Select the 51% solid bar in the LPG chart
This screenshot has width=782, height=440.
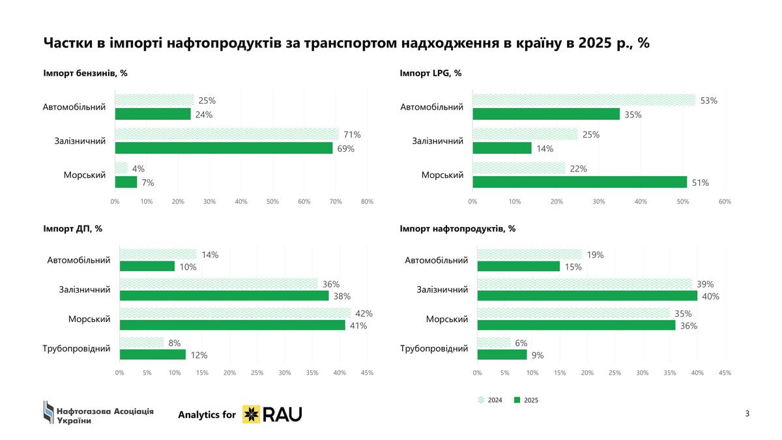click(579, 182)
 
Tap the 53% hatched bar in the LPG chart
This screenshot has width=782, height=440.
click(584, 100)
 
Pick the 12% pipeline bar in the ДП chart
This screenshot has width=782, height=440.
click(152, 355)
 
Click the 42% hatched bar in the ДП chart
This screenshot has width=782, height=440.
click(235, 313)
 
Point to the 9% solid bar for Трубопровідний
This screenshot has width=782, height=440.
click(502, 355)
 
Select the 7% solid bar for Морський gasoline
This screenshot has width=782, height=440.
click(126, 182)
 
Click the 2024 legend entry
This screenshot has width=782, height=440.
click(491, 400)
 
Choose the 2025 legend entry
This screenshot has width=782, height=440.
click(527, 400)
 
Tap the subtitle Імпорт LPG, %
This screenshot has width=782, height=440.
click(430, 73)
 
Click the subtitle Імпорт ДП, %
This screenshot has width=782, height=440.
click(72, 229)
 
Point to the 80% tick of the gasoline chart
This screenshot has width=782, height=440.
click(367, 201)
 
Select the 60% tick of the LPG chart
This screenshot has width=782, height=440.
click(724, 201)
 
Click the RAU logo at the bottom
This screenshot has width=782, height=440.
click(272, 414)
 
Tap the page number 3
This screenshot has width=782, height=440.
click(747, 414)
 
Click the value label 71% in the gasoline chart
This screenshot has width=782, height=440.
click(353, 134)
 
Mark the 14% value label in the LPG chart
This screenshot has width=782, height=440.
click(544, 149)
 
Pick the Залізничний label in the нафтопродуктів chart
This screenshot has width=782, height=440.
click(442, 289)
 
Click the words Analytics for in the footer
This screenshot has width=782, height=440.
click(207, 414)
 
